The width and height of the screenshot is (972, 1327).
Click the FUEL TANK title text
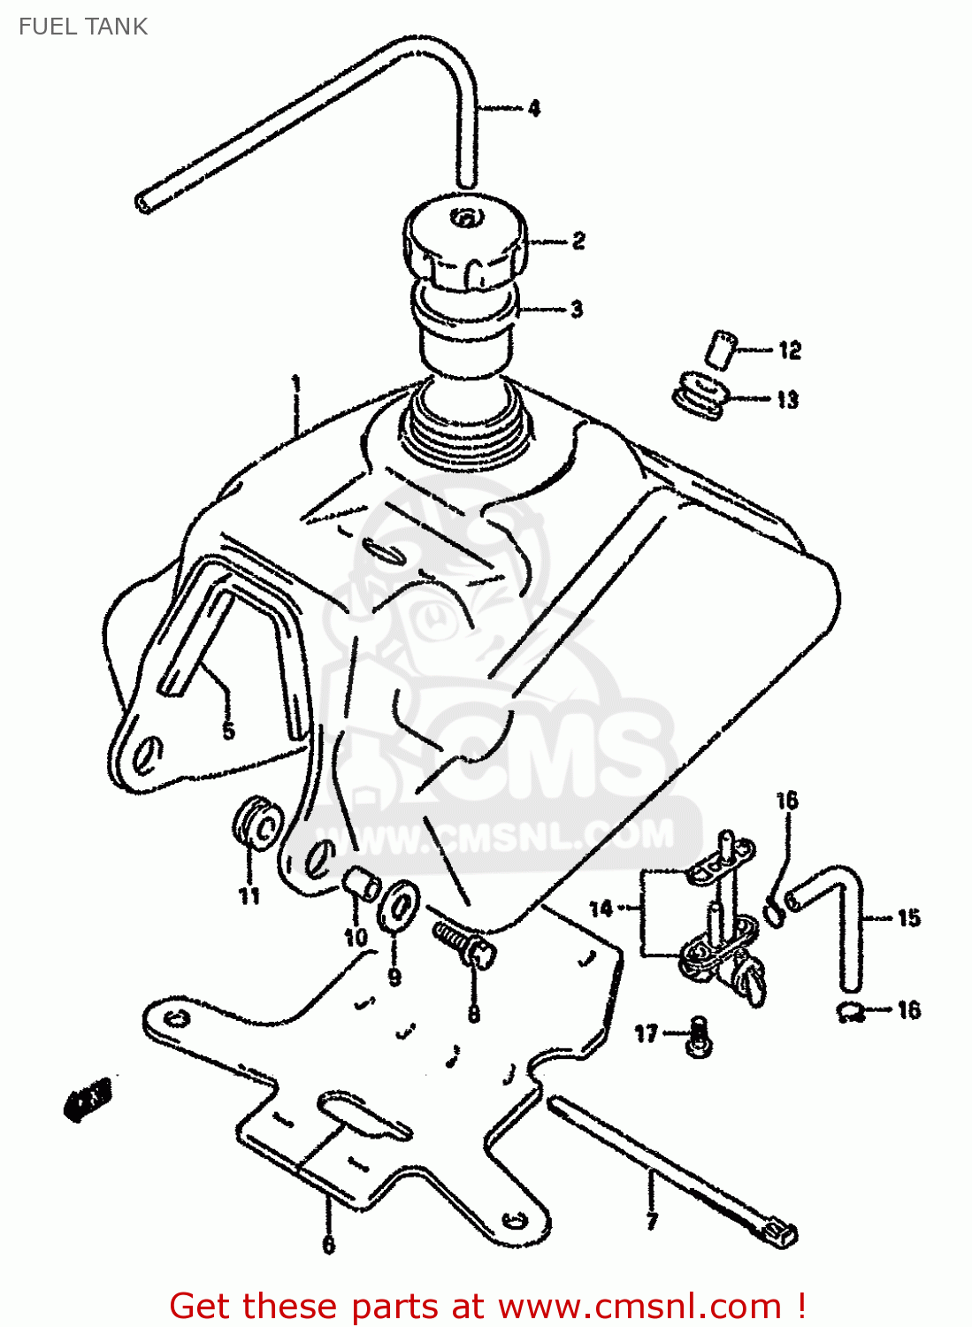coord(83,27)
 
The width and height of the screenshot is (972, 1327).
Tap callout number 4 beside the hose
coord(534,109)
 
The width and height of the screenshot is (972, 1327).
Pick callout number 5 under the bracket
coord(229,731)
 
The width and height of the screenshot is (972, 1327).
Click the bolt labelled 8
coord(464,943)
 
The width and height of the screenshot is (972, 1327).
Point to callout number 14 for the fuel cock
coord(601,909)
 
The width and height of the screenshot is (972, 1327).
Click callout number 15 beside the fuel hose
coord(908,917)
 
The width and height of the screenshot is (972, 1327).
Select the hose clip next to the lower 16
coord(852,1011)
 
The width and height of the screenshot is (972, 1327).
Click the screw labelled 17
coord(699,1034)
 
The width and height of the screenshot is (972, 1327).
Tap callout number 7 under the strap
coord(653,1222)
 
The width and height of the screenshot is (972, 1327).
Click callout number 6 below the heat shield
coord(328,1244)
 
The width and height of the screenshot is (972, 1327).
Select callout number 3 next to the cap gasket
coord(577,310)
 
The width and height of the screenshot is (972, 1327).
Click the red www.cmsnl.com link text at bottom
coord(639,1306)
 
